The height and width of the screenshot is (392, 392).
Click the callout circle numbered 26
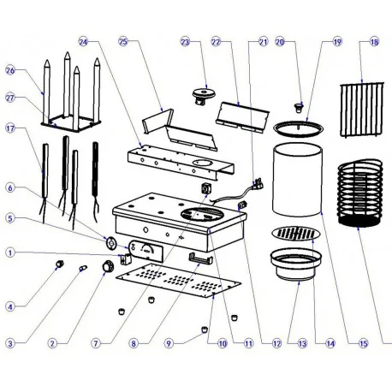click(10, 70)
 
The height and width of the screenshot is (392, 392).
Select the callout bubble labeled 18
click(374, 41)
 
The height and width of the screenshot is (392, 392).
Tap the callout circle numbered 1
click(10, 252)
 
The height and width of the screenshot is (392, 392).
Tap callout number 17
click(10, 130)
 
